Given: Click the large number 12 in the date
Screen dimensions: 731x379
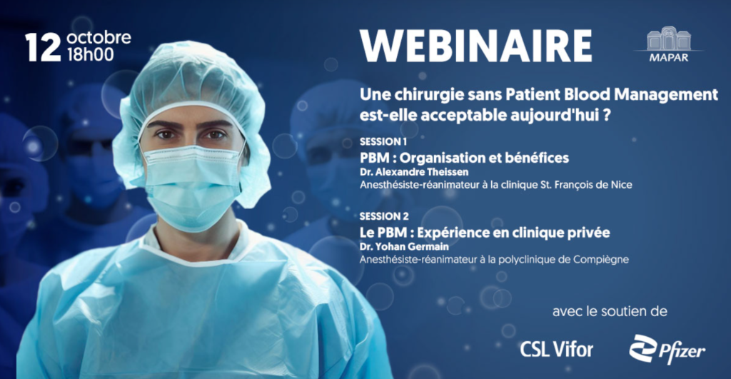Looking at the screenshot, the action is pyautogui.click(x=43, y=48).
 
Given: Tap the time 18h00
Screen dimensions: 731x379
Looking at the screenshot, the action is pyautogui.click(x=91, y=54).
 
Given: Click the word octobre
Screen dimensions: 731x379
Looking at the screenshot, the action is pyautogui.click(x=99, y=37).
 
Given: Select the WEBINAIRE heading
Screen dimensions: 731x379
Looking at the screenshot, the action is pyautogui.click(x=475, y=46).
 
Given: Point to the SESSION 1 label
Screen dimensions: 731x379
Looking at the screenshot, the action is pyautogui.click(x=383, y=142).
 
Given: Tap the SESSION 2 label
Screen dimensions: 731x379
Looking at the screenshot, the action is pyautogui.click(x=383, y=216).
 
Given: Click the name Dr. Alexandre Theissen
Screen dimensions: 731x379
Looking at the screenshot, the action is pyautogui.click(x=414, y=172).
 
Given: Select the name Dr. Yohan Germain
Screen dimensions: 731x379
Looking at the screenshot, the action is pyautogui.click(x=404, y=247).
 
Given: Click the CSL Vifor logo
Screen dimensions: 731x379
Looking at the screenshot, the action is pyautogui.click(x=557, y=349).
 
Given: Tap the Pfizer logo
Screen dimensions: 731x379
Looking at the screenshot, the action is pyautogui.click(x=667, y=350).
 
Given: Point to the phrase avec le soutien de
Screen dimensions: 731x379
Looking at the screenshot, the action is pyautogui.click(x=610, y=311).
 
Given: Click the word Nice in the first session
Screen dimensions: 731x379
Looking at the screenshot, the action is pyautogui.click(x=622, y=185).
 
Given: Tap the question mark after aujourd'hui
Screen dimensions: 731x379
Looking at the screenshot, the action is pyautogui.click(x=607, y=115).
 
